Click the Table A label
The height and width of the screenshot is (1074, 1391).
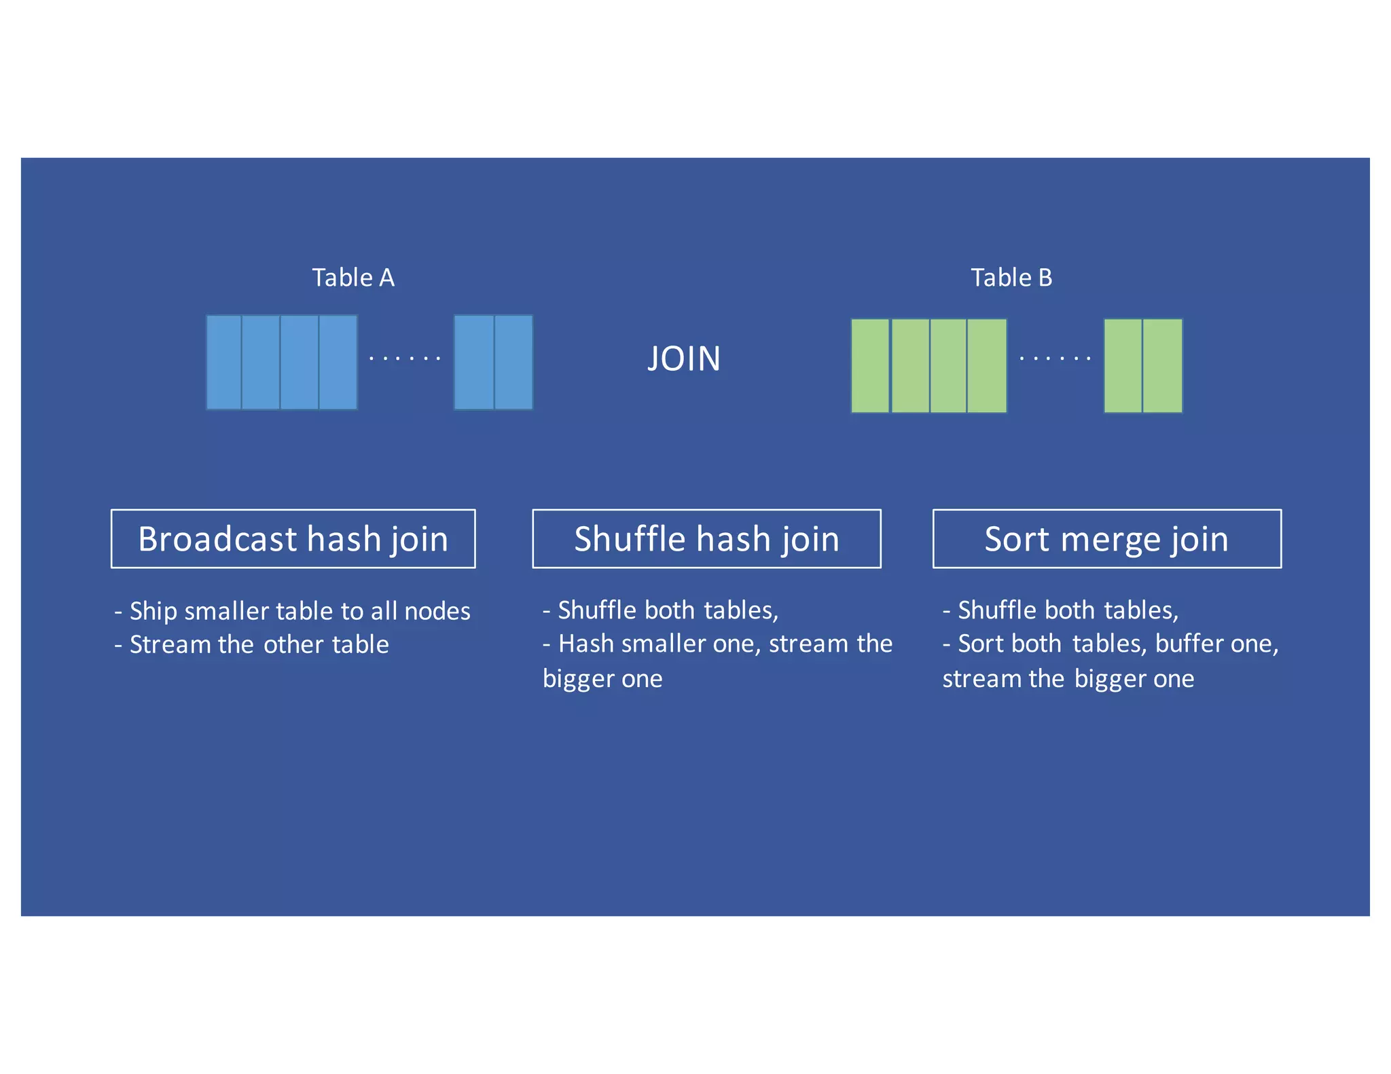[x=353, y=278]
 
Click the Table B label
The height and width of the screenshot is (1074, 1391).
[x=1011, y=278]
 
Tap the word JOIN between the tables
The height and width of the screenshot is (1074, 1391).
[x=684, y=358]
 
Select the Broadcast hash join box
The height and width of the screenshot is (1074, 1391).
[x=293, y=538]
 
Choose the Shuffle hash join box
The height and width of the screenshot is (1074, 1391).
[x=706, y=538]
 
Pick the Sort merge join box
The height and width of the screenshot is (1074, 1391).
[x=1106, y=538]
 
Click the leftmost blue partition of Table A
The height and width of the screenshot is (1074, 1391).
[x=224, y=362]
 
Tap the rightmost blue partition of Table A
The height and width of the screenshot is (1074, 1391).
[x=513, y=362]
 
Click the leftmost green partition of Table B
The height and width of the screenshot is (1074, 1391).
[x=870, y=365]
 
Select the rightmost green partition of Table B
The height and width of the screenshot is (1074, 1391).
[x=1163, y=365]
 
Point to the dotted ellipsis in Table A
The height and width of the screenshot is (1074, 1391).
[x=405, y=358]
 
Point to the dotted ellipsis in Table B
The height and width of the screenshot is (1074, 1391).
[x=1055, y=358]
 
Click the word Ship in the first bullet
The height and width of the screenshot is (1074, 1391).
[x=153, y=612]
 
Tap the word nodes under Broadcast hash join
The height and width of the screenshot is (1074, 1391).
[x=437, y=612]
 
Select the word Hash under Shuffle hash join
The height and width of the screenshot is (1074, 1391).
[x=585, y=644]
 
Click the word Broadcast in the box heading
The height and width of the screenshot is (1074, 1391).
[x=217, y=539]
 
